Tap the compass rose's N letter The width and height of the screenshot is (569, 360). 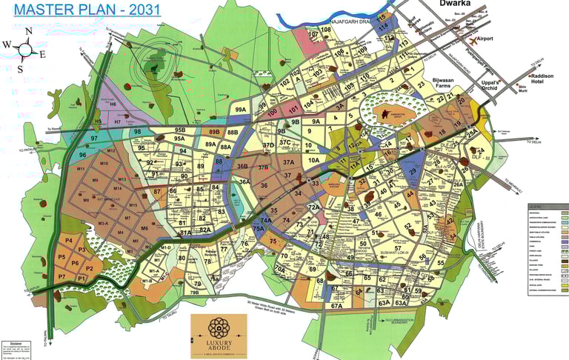point(27,31)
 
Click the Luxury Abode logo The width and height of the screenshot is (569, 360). point(219,334)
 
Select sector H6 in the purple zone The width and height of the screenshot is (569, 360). point(113,105)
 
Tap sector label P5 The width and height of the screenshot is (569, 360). point(61,258)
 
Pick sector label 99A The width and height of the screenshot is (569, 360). point(240,110)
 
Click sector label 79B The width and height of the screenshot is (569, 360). point(193,292)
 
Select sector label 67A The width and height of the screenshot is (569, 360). point(336,305)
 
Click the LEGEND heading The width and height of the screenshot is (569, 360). point(538,206)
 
